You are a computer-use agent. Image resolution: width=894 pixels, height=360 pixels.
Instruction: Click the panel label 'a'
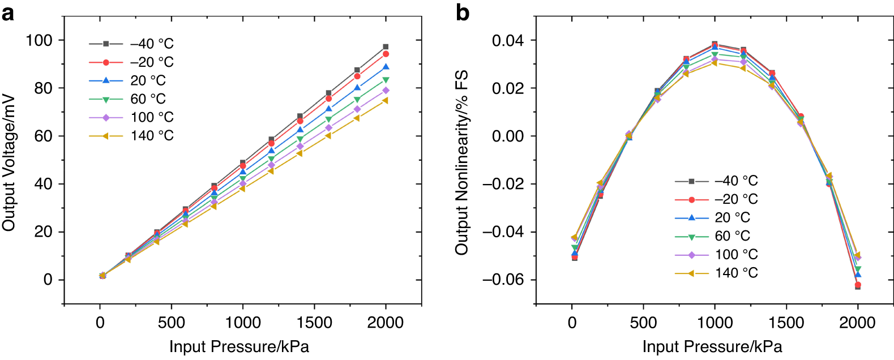tap(7, 12)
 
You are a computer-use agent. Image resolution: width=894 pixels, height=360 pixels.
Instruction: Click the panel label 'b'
tap(462, 12)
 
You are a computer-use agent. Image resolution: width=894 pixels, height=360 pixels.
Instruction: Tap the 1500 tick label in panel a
tap(314, 323)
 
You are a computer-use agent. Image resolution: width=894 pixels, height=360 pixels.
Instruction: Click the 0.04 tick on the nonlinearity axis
tap(507, 40)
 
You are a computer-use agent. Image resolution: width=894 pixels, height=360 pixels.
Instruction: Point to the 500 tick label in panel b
tap(643, 323)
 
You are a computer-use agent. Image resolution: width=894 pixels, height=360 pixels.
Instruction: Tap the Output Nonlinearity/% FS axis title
tap(462, 162)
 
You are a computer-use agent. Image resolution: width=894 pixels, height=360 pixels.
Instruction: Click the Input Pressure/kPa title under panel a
tap(239, 346)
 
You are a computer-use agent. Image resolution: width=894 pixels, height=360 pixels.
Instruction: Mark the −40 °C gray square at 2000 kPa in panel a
tap(386, 47)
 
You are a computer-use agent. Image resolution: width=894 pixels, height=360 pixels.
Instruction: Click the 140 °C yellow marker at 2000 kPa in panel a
tap(386, 100)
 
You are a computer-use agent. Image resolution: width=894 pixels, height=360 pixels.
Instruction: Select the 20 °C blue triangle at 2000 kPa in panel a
tap(386, 67)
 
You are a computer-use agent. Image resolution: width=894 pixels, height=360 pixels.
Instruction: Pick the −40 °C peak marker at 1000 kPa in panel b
tap(715, 44)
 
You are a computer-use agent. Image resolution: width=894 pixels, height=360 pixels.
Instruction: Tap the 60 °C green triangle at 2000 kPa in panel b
tap(858, 269)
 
